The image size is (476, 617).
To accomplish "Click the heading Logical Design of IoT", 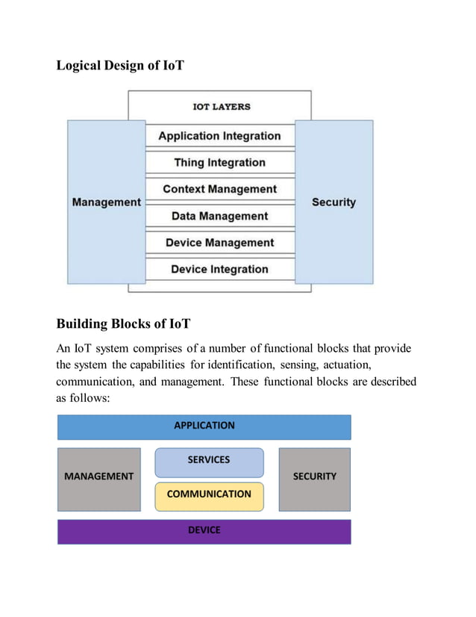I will pos(120,66).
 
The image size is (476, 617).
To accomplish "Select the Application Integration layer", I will pos(219,136).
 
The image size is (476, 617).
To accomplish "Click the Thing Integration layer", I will pos(219,162).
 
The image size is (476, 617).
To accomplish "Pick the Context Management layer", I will pos(219,189).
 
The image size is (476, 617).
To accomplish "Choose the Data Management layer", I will pos(219,216).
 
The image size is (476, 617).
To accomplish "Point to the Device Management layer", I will pos(219,243).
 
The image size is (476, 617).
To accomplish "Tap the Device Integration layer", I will pos(219,269).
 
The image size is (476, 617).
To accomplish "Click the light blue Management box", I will pos(106,202).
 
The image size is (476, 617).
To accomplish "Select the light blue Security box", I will pos(333,202).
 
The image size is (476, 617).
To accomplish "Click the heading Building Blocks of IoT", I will pos(123,323).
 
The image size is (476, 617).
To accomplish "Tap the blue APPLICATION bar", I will pos(204,426).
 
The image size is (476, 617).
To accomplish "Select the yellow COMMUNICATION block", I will pos(209,494).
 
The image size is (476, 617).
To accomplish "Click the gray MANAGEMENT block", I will pos(98,477).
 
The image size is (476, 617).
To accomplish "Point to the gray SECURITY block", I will pos(314,477).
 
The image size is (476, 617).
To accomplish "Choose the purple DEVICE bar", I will pos(204,530).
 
